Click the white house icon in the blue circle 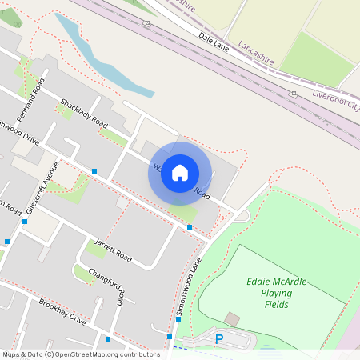pos(180,173)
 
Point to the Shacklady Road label pos(84,113)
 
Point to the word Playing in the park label pos(275,293)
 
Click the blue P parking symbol pos(218,339)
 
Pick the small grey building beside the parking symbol pos(232,319)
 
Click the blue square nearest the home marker pos(189,227)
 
